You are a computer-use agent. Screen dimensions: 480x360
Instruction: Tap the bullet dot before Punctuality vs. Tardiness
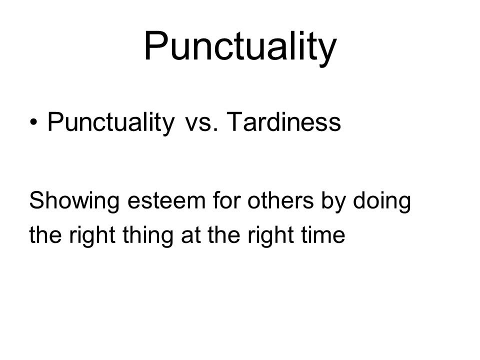(x=33, y=122)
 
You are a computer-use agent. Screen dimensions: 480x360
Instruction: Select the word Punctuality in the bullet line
(x=111, y=123)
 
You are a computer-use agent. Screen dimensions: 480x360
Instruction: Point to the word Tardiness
(x=284, y=121)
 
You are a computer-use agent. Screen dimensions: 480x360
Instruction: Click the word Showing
(x=74, y=201)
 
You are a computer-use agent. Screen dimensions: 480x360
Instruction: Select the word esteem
(x=166, y=201)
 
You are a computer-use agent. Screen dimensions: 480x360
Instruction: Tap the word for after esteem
(x=226, y=200)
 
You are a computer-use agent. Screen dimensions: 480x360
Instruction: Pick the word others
(x=280, y=200)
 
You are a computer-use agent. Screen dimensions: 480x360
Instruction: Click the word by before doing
(x=333, y=201)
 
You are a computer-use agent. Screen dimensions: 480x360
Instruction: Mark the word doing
(x=382, y=201)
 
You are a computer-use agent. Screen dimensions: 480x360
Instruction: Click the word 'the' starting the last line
(x=45, y=234)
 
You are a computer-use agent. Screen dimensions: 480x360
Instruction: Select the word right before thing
(x=92, y=236)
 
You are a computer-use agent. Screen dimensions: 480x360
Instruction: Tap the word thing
(x=148, y=236)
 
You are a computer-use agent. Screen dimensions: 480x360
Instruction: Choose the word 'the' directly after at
(x=224, y=234)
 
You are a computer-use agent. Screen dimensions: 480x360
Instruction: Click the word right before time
(x=270, y=236)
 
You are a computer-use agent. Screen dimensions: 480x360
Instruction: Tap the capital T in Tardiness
(x=235, y=121)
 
